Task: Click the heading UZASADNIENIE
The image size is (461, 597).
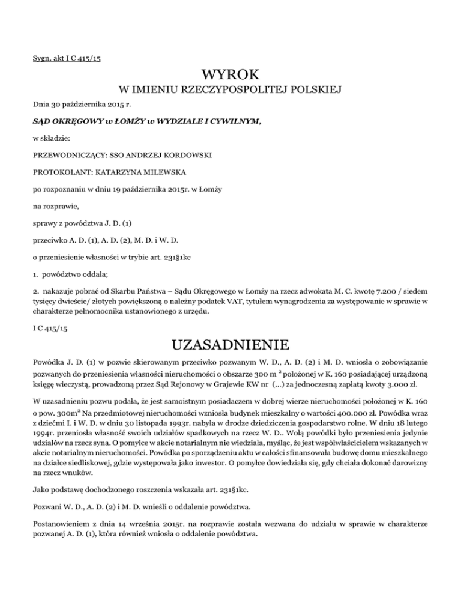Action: point(230,347)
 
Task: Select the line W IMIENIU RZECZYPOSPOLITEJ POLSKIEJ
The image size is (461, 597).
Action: point(230,91)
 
